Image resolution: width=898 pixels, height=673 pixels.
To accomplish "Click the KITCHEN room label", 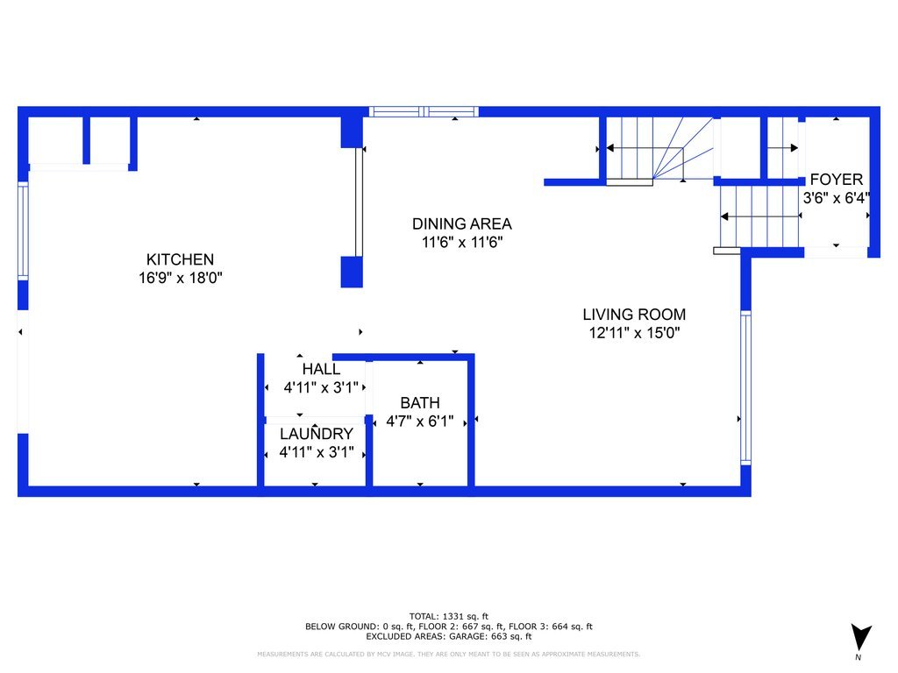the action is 180,259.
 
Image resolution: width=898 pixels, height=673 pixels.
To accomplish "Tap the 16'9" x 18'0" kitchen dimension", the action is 180,278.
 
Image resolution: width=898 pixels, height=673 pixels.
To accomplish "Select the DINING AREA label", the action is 461,223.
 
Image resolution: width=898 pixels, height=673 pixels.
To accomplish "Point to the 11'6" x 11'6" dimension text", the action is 461,242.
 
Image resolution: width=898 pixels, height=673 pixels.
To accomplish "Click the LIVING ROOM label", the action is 634,315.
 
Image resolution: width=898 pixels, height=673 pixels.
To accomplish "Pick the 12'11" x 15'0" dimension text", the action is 634,332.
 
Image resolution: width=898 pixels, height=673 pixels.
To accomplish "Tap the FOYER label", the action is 836,180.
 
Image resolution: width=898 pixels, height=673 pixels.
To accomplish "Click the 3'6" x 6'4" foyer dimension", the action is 836,198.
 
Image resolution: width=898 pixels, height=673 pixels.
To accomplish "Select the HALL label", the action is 321,369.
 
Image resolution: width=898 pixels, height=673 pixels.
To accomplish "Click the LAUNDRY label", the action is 316,434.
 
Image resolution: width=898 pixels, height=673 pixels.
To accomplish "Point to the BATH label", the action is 420,403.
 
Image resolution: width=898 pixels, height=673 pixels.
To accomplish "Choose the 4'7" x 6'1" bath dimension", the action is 420,422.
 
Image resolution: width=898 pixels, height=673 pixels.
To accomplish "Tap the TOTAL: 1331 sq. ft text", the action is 448,616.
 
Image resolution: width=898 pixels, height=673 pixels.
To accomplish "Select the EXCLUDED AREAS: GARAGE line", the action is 448,636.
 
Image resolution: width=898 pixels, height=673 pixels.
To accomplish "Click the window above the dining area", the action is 424,111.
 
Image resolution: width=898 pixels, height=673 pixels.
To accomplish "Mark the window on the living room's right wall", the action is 745,387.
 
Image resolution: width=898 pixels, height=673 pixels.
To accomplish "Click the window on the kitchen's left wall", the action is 23,231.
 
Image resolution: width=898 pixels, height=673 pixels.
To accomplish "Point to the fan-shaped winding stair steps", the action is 682,148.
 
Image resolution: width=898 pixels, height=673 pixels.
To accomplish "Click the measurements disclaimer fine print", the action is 448,654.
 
